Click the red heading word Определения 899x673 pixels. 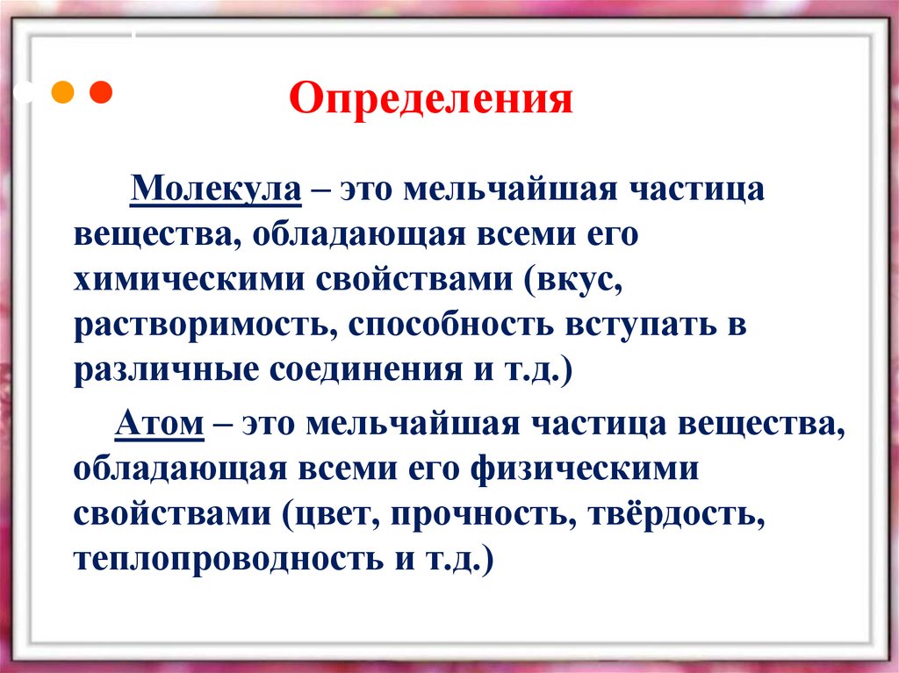coord(432,98)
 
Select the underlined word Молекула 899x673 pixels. coord(217,190)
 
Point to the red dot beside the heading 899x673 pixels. coord(102,90)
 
